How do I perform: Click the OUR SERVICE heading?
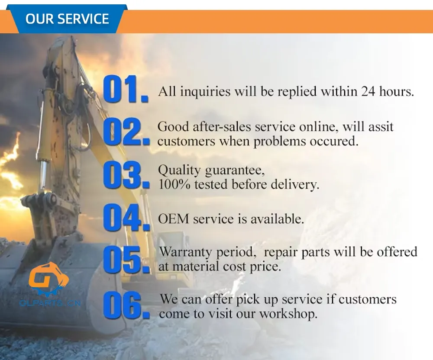[x=67, y=19]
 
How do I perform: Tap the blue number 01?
[x=126, y=89]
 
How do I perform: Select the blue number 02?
[x=126, y=132]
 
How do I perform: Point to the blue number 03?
[x=126, y=175]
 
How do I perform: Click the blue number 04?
[x=126, y=217]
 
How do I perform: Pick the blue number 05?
[x=126, y=260]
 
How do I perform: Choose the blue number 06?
[x=126, y=305]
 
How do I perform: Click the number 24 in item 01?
[x=368, y=91]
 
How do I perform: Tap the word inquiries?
[x=205, y=92]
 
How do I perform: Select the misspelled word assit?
[x=381, y=127]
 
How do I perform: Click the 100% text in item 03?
[x=174, y=185]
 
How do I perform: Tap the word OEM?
[x=173, y=219]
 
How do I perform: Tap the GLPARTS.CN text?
[x=50, y=303]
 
